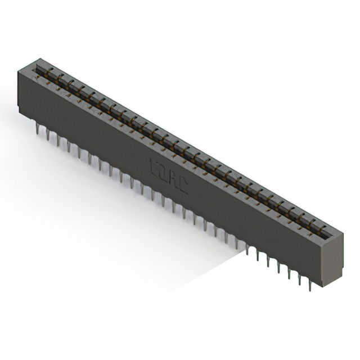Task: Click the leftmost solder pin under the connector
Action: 37,129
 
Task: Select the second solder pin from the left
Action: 47,135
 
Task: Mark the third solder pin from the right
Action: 290,274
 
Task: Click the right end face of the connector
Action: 332,259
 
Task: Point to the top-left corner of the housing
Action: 19,68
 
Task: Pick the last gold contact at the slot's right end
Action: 323,232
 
